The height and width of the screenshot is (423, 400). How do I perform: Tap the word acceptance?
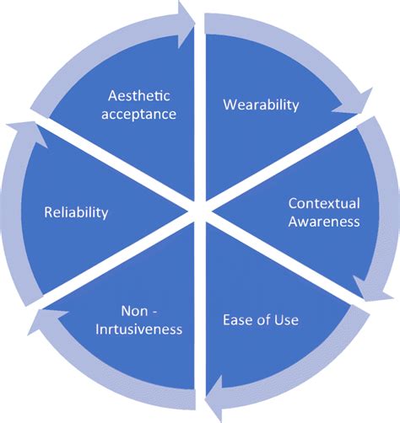[x=141, y=114]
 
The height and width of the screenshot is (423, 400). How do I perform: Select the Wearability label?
[x=261, y=104]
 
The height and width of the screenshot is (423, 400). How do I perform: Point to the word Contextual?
[x=324, y=203]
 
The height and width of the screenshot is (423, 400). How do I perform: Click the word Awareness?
[x=324, y=222]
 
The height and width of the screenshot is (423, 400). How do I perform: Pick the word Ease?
[x=237, y=320]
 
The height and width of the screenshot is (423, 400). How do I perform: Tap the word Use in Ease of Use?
[x=284, y=320]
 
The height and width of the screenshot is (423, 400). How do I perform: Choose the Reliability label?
[x=76, y=212]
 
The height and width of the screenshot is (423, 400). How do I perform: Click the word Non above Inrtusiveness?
[x=138, y=310]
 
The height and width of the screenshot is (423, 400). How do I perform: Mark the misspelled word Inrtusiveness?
[x=139, y=329]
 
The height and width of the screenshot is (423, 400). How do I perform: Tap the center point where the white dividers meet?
[x=199, y=211]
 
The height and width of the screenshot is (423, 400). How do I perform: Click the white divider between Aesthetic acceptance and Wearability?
[x=199, y=110]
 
